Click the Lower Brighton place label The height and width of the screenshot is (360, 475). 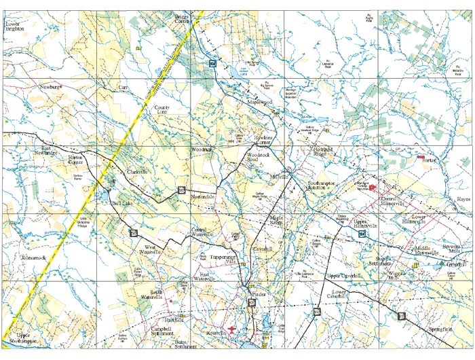(x=14, y=26)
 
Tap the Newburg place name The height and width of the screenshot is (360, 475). (x=50, y=88)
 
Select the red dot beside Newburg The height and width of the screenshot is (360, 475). (x=62, y=88)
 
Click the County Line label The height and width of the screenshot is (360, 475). (x=162, y=110)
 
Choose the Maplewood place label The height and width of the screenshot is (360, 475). (x=259, y=102)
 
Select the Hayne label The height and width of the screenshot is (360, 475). (x=463, y=200)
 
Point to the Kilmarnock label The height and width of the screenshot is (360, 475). (x=33, y=258)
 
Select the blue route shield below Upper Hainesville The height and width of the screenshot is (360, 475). (x=363, y=234)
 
